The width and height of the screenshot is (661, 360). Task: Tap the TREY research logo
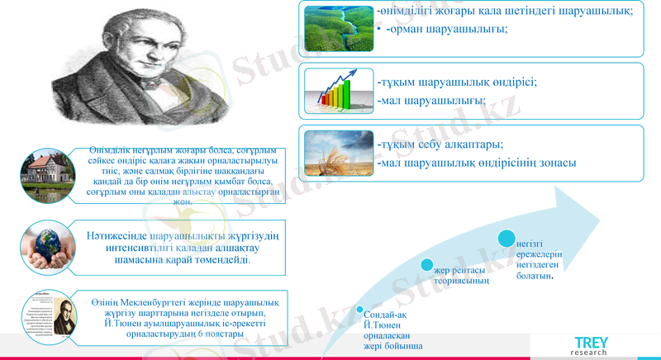[593, 346]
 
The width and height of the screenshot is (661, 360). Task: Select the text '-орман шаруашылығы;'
[447, 29]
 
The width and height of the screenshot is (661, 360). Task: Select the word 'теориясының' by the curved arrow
[462, 281]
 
